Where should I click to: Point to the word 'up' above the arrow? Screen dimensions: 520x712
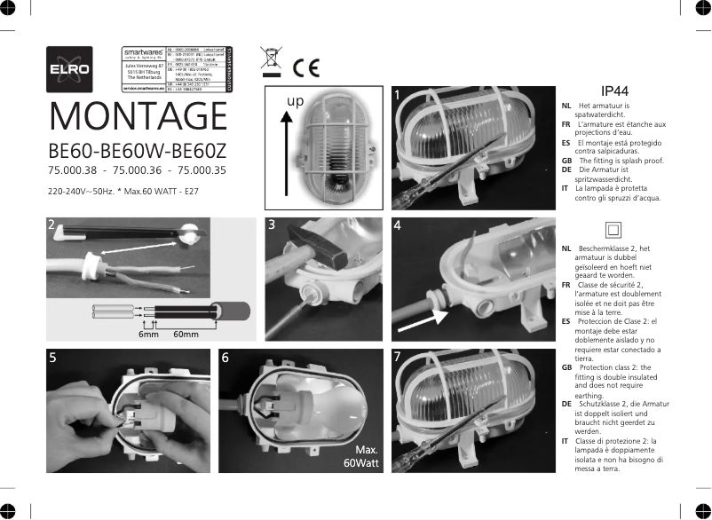point(295,102)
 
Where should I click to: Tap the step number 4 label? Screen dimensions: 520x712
point(397,225)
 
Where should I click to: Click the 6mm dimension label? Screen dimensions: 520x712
point(148,335)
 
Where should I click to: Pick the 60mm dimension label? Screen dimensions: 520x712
point(186,335)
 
